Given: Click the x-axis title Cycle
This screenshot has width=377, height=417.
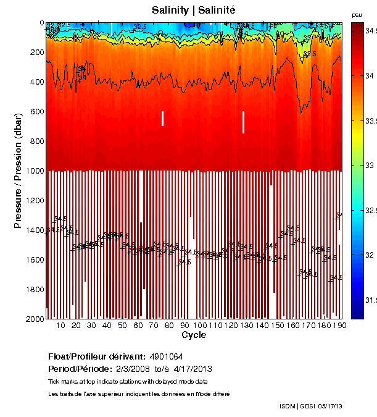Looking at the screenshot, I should point(194,335).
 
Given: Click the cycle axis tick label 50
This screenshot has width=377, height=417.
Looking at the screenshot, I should point(122,326).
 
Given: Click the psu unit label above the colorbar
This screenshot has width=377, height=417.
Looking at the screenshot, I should point(357,14).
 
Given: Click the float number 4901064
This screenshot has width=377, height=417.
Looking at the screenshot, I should point(167,356).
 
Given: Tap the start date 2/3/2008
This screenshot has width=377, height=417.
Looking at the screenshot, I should point(118,369).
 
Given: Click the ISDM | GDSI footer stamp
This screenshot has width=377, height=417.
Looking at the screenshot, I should point(297,406).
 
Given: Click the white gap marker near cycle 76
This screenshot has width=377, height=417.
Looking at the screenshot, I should point(162,118).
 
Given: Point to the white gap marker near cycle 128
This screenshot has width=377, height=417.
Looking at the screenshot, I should point(244,122).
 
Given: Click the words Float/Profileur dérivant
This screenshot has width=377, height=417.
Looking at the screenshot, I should point(96,356).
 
